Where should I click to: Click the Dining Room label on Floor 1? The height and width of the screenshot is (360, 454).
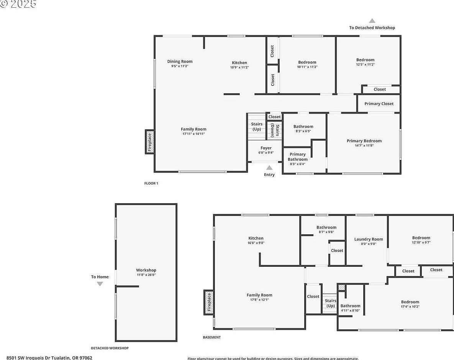[x=180, y=61]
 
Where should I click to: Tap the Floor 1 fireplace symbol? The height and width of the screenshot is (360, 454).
[x=150, y=141]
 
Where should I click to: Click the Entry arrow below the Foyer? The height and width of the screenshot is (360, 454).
[x=269, y=168]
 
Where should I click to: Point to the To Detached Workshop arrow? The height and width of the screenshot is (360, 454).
[x=372, y=21]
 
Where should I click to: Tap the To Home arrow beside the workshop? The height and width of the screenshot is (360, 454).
[x=100, y=284]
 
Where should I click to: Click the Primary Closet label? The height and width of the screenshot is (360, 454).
[x=379, y=104]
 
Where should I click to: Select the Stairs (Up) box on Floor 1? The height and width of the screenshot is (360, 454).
[x=257, y=127]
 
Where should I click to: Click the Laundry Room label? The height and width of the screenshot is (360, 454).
[x=369, y=239]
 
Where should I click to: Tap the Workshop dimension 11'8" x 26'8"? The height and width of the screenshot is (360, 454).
[x=146, y=275]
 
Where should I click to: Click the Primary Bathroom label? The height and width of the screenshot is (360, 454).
[x=298, y=157]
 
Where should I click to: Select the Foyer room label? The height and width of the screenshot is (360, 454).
[x=266, y=148]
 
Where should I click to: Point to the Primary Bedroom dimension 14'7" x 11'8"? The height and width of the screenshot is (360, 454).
[x=364, y=145]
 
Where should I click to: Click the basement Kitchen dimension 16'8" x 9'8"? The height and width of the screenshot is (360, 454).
[x=256, y=243]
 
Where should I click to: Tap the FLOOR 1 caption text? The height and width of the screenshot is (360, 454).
[x=151, y=183]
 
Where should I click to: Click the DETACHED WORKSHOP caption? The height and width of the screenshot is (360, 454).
[x=110, y=348]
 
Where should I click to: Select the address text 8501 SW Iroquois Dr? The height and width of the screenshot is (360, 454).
[x=49, y=357]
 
